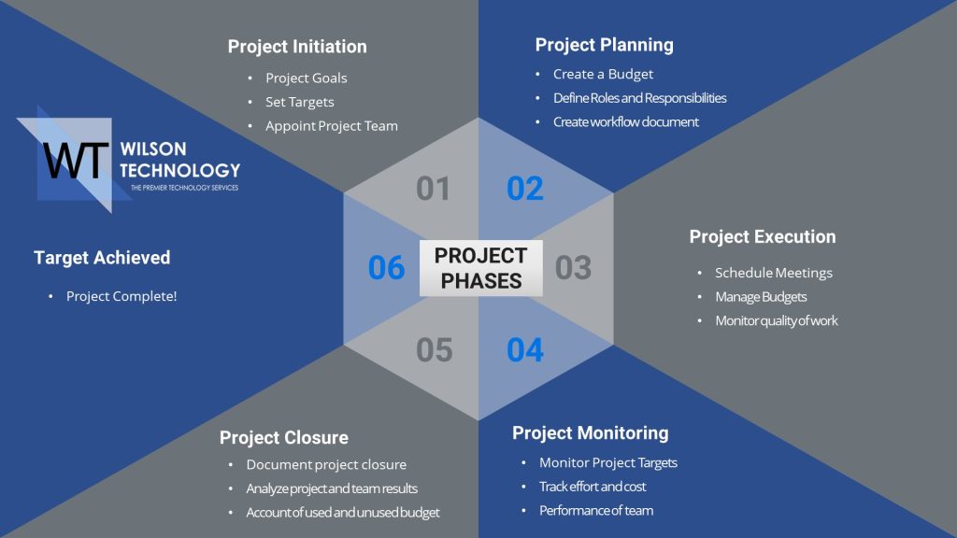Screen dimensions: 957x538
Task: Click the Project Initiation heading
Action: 297,47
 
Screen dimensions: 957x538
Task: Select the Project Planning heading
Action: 605,45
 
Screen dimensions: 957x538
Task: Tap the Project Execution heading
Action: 763,236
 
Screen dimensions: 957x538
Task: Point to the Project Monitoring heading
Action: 591,433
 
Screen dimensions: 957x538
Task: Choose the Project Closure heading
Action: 284,437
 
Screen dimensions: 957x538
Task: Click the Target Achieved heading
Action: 102,258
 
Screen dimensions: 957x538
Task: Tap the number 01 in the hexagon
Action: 434,189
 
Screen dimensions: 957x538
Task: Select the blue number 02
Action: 525,189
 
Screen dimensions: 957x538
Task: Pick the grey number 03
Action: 573,268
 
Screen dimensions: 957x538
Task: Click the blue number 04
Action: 525,350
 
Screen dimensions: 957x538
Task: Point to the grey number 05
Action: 434,350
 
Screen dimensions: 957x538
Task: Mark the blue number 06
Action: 386,268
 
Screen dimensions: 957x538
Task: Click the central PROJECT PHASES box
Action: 481,268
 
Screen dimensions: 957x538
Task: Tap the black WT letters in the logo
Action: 76,161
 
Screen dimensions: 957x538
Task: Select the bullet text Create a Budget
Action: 603,75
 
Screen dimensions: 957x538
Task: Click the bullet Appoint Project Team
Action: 332,126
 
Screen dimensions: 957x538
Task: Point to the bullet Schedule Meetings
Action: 774,274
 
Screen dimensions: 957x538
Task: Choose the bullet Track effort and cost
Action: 592,487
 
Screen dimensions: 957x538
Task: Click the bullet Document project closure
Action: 326,465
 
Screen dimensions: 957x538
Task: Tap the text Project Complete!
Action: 121,296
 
